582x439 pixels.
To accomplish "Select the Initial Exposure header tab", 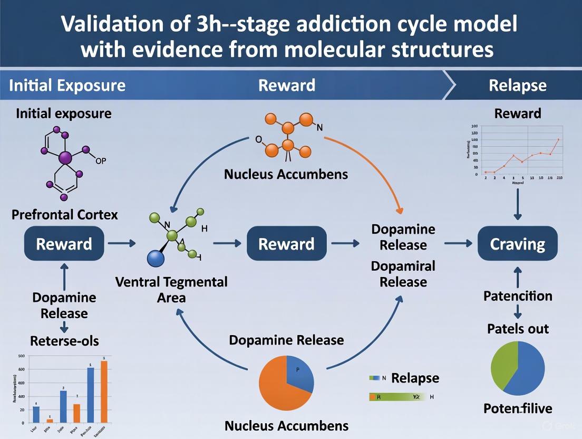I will (x=67, y=85).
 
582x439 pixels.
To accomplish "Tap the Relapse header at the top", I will (x=517, y=85).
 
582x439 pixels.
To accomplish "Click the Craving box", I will (x=517, y=244).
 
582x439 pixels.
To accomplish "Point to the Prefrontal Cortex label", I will (x=65, y=215).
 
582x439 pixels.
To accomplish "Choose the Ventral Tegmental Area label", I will (x=171, y=289).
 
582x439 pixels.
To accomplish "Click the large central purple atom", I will (x=66, y=157).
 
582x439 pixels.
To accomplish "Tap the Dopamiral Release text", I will (x=403, y=274).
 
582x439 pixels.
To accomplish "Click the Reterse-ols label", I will (x=64, y=341).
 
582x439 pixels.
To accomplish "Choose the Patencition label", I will (x=518, y=296).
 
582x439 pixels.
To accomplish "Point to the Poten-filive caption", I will (x=517, y=408).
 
